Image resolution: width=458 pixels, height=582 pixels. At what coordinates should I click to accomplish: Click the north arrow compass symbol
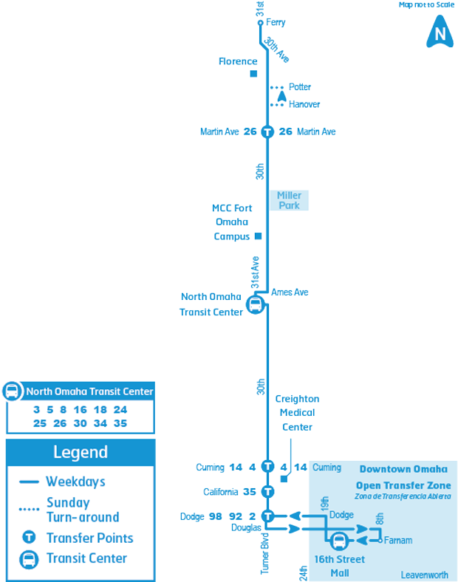[440, 32]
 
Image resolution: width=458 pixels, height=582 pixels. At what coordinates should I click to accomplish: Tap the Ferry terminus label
[276, 23]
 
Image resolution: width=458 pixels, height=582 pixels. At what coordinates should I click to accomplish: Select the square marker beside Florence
[253, 74]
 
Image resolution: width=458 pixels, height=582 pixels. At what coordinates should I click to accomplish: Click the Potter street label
[300, 87]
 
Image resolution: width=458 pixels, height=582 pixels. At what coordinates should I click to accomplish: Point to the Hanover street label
[304, 104]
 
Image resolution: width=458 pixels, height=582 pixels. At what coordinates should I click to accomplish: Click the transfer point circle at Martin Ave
[267, 131]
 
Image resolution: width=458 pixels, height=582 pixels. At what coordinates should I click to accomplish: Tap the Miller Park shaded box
[289, 200]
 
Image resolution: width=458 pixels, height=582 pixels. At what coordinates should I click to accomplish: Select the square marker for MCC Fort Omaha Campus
[259, 236]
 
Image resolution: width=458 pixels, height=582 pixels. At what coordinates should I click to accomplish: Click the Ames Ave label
[290, 292]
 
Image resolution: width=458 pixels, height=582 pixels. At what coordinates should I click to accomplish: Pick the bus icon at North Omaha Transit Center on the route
[256, 305]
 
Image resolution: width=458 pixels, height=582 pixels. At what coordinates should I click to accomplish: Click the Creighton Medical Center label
[297, 413]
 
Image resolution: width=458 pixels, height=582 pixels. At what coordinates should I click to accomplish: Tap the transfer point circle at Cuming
[267, 466]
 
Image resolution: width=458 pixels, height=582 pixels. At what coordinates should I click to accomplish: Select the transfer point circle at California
[267, 491]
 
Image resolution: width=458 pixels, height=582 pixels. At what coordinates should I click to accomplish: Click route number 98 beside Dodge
[215, 516]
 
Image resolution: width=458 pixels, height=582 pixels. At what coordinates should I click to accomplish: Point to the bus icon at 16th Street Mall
[339, 541]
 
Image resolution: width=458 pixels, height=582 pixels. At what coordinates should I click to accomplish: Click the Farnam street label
[398, 541]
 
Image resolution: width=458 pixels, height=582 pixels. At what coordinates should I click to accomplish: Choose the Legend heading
[81, 452]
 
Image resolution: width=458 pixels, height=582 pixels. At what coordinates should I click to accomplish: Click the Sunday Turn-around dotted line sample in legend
[29, 509]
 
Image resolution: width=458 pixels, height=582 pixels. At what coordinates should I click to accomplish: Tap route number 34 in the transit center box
[100, 423]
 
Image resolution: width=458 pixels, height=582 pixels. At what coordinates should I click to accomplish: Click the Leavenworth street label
[425, 575]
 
